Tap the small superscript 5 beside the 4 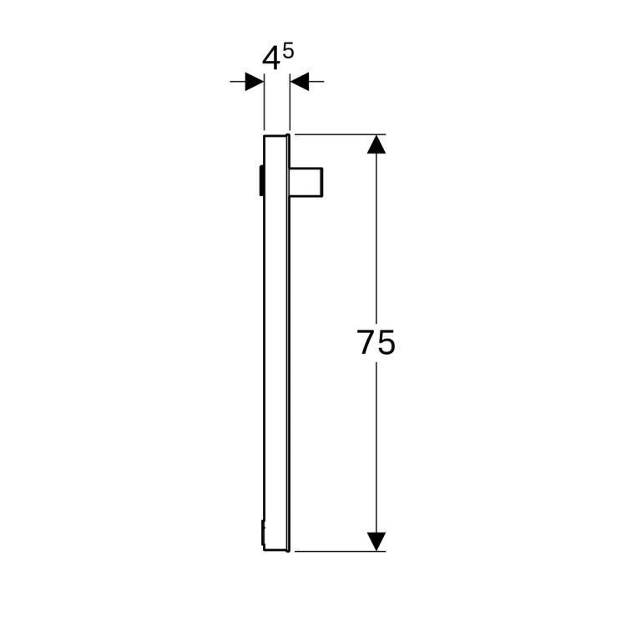289,52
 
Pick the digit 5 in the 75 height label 386,343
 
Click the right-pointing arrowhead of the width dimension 255,82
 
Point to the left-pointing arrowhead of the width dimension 300,82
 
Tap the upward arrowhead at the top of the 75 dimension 377,144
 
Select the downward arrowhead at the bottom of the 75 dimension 377,541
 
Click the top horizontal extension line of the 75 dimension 334,134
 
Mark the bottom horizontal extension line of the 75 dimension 334,551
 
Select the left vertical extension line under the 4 265,104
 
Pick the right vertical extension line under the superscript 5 290,104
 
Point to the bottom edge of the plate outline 276,551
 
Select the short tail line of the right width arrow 316,82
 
